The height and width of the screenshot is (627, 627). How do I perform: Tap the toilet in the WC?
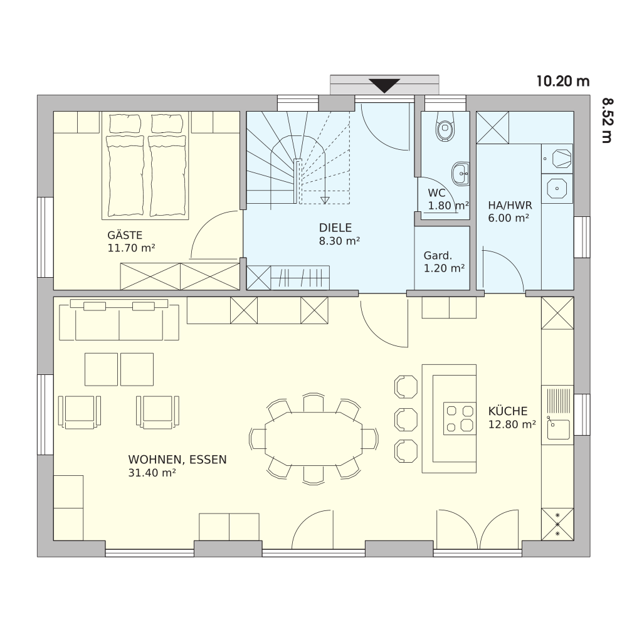445,126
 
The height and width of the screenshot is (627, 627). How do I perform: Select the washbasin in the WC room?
461,174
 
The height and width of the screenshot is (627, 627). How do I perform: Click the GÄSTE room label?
125,235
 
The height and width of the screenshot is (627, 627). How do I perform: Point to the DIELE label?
335,228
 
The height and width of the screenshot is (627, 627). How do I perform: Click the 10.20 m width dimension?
563,82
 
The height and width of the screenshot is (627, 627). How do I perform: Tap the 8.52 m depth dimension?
607,120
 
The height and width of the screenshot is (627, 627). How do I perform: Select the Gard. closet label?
438,256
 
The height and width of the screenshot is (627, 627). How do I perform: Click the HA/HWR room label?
510,206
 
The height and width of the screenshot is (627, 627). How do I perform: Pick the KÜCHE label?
508,411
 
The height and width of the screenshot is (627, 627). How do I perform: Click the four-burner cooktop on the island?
460,418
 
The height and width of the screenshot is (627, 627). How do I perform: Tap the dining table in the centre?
313,439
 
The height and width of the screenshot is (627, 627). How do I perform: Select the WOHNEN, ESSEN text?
177,460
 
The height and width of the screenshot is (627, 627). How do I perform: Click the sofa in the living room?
119,320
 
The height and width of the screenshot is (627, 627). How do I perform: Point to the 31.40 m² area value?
152,473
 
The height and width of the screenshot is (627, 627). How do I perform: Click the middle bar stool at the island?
406,419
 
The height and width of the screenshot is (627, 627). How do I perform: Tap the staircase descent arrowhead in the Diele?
325,200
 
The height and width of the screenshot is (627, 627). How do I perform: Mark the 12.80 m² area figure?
512,424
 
